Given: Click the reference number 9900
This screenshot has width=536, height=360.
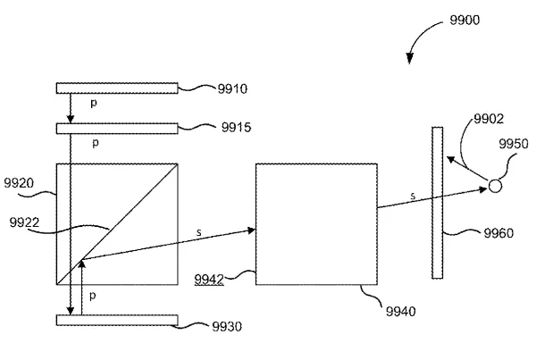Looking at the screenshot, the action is pyautogui.click(x=465, y=20).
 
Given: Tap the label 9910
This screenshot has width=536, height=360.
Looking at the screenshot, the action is pyautogui.click(x=232, y=89).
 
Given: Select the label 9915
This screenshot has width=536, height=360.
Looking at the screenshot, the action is pyautogui.click(x=236, y=127).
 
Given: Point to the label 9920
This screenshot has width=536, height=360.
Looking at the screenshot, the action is pyautogui.click(x=19, y=183).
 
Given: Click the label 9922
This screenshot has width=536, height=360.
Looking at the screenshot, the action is pyautogui.click(x=24, y=222).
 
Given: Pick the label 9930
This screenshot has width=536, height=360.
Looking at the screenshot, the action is pyautogui.click(x=227, y=326).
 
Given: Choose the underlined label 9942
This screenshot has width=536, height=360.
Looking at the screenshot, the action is pyautogui.click(x=209, y=280).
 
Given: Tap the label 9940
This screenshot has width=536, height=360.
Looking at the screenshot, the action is pyautogui.click(x=400, y=312).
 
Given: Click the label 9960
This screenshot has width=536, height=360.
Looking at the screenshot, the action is pyautogui.click(x=498, y=233).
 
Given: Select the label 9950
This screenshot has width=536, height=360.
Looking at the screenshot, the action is pyautogui.click(x=514, y=144).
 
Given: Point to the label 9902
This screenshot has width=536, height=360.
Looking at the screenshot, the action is pyautogui.click(x=489, y=119).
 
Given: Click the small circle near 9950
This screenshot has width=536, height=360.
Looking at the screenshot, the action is pyautogui.click(x=495, y=187).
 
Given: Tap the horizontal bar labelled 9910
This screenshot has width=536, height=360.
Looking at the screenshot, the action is pyautogui.click(x=117, y=88).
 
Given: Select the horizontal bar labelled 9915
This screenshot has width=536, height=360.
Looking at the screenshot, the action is pyautogui.click(x=117, y=129).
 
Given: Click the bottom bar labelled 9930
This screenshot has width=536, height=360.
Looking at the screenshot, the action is pyautogui.click(x=117, y=321).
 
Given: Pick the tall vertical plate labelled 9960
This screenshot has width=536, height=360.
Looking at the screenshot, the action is pyautogui.click(x=437, y=203).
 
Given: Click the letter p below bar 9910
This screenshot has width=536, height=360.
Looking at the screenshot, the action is pyautogui.click(x=94, y=103).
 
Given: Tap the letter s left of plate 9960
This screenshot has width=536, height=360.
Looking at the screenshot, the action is pyautogui.click(x=413, y=196).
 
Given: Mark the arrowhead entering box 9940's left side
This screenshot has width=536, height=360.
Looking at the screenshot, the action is pyautogui.click(x=251, y=230).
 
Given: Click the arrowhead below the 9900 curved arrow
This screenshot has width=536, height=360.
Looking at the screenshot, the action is pyautogui.click(x=409, y=59).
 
